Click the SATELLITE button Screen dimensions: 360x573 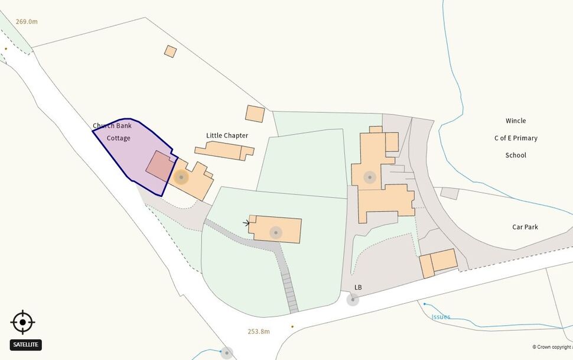[26, 345]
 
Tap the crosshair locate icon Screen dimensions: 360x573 [22, 323]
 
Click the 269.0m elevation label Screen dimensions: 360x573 [27, 22]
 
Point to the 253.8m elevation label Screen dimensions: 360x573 [259, 332]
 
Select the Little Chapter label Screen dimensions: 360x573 [227, 135]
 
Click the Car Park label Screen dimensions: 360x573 [525, 227]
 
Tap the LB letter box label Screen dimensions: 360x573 [358, 287]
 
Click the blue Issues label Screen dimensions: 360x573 [441, 317]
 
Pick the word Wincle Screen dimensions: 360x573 [515, 121]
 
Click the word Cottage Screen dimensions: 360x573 [118, 138]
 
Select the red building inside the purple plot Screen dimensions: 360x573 [159, 166]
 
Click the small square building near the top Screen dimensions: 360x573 [170, 51]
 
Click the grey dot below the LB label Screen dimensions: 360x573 [352, 300]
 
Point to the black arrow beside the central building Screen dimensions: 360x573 [246, 223]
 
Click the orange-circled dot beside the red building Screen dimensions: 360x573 [181, 177]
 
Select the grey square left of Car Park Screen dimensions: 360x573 [449, 193]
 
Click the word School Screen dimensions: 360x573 [515, 155]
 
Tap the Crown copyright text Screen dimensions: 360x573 [552, 347]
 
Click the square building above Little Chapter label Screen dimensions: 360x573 [255, 113]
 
